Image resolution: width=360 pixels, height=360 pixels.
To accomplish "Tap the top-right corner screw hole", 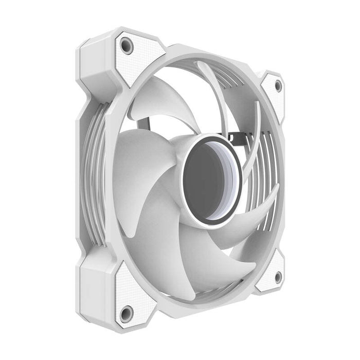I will [x=278, y=85].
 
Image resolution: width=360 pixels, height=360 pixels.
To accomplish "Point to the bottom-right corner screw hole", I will [x=278, y=277].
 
